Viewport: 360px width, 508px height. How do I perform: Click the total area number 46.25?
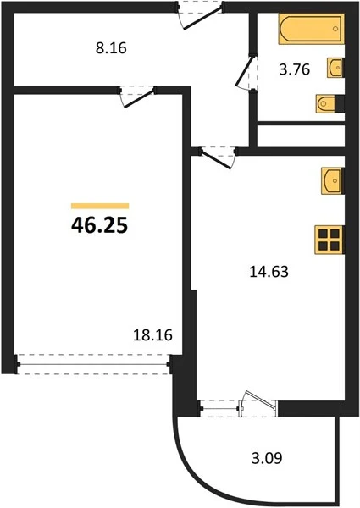pyautogui.click(x=99, y=225)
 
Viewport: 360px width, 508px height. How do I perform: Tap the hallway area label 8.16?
pyautogui.click(x=111, y=48)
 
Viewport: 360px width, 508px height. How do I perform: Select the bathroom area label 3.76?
pyautogui.click(x=295, y=69)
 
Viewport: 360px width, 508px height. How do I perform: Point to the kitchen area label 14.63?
pyautogui.click(x=269, y=272)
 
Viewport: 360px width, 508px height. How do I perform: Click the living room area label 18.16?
pyautogui.click(x=152, y=335)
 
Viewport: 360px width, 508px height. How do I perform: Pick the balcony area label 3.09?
pyautogui.click(x=267, y=458)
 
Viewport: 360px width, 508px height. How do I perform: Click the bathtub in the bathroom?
pyautogui.click(x=311, y=29)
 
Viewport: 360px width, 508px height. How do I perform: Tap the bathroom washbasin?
pyautogui.click(x=335, y=68)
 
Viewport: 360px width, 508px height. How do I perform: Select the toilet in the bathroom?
pyautogui.click(x=326, y=103)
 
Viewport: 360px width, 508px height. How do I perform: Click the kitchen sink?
pyautogui.click(x=332, y=181)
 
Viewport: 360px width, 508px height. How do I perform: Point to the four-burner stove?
pyautogui.click(x=330, y=240)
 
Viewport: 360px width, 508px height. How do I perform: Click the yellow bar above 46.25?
pyautogui.click(x=100, y=206)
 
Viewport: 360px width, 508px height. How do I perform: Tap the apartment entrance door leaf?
pyautogui.click(x=202, y=18)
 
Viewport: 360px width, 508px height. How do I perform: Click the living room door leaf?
pyautogui.click(x=139, y=98)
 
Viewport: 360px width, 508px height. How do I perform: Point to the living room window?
pyautogui.click(x=94, y=364)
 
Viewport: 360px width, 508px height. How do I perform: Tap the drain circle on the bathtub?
pyautogui.click(x=335, y=29)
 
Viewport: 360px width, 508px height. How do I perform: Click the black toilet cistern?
pyautogui.click(x=340, y=103)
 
